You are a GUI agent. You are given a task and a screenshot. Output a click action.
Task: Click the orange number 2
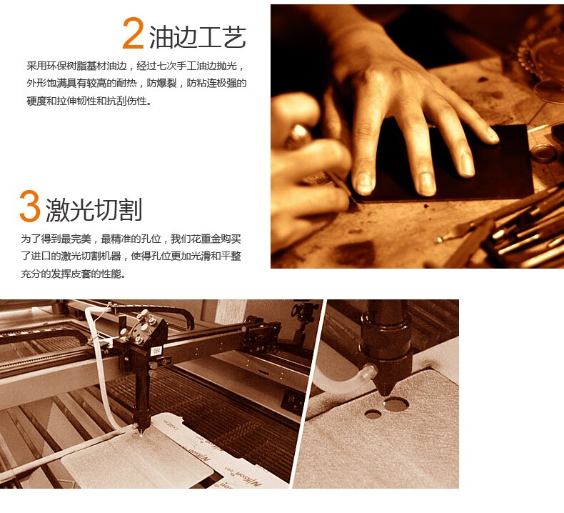[x=133, y=33]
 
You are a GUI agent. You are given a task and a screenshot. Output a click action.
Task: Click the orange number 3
[x=29, y=206]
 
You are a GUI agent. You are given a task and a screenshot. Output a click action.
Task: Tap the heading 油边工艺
[x=198, y=37]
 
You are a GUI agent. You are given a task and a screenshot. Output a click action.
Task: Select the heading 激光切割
[x=94, y=209]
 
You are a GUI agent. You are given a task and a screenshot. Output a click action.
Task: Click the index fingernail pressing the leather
[x=363, y=184]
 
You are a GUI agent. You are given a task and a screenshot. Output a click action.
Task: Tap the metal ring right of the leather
[x=544, y=153]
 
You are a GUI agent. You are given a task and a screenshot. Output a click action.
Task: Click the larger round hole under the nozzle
[x=396, y=404]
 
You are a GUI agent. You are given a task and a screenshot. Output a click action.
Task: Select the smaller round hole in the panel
[x=373, y=414]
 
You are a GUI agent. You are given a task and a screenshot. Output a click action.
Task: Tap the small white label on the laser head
[x=156, y=350]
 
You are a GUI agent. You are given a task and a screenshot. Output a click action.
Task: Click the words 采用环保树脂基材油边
[x=77, y=66]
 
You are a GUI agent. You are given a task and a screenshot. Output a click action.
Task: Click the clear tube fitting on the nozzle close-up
[x=368, y=372]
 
